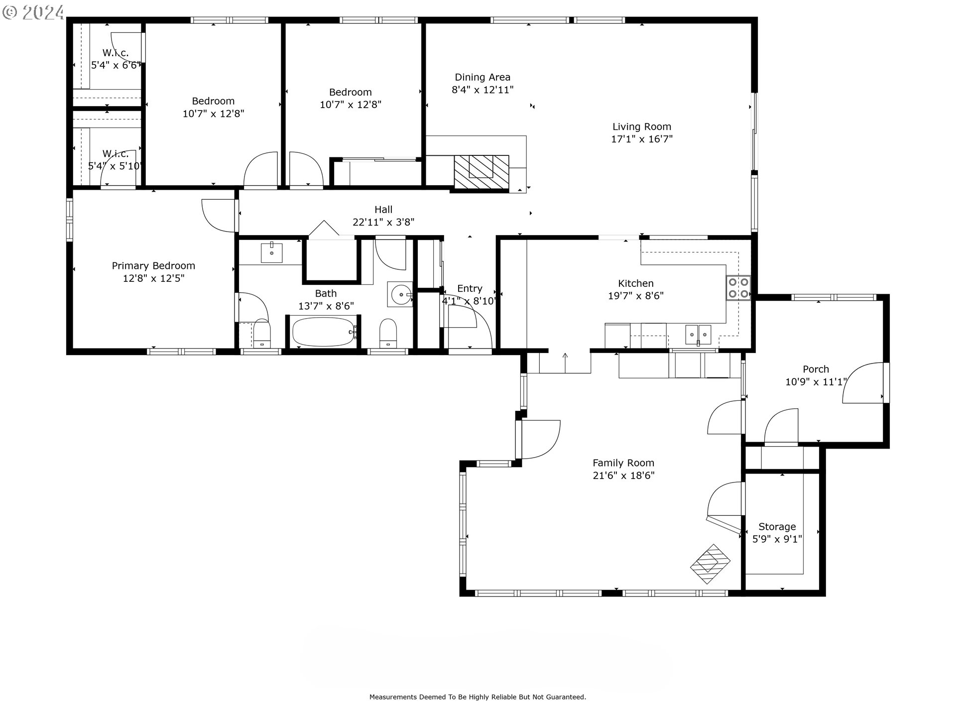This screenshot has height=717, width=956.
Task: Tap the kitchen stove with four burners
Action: (738, 287)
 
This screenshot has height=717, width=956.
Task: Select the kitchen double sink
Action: (698, 334)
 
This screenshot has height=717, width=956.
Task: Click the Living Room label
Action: (642, 127)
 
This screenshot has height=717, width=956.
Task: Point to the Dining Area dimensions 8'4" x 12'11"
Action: (482, 90)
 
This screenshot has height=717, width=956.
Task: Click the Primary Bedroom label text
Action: (153, 266)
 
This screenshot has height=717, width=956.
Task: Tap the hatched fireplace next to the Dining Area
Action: (481, 172)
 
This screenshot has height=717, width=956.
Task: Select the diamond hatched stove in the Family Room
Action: (710, 564)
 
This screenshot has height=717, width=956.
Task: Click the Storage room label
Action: (777, 527)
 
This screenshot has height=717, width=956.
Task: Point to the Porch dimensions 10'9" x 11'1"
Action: (816, 382)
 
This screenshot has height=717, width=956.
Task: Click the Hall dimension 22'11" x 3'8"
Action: (383, 222)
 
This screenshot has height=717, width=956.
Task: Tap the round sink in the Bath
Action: (401, 294)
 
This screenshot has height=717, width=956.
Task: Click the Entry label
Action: (470, 289)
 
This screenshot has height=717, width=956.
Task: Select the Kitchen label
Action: (636, 283)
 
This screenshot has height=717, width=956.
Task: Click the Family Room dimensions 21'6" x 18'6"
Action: (623, 476)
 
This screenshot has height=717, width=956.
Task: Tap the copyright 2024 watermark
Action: (33, 11)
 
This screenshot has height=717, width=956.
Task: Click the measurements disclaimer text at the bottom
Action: (478, 697)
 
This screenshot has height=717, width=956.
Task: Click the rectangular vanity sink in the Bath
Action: (272, 253)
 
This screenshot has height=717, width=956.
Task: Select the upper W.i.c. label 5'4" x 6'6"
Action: (116, 59)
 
